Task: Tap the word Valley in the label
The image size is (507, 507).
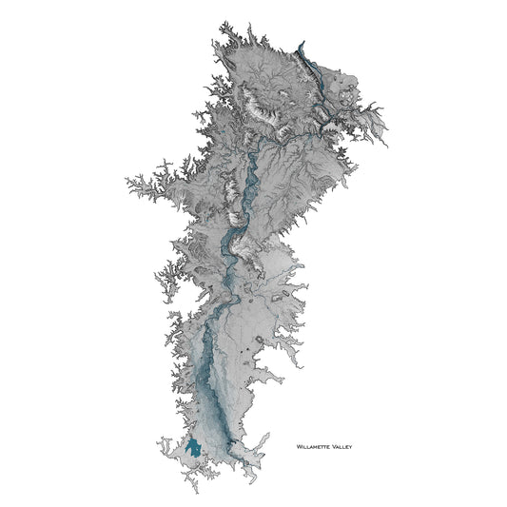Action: pos(341,443)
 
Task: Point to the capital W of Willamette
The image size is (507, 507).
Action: pos(300,443)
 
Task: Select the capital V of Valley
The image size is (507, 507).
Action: pos(334,443)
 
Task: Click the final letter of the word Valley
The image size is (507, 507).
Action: pos(351,443)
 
